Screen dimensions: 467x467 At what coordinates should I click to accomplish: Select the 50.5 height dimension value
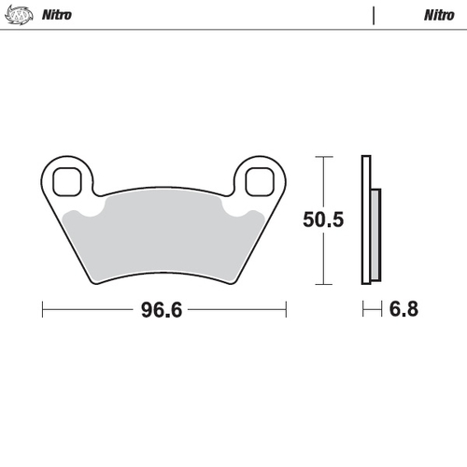(324, 220)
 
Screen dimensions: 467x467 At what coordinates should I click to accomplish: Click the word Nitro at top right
(439, 15)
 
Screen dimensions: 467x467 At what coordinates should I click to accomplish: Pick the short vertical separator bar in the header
(374, 15)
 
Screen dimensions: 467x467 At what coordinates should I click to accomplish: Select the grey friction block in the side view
(375, 233)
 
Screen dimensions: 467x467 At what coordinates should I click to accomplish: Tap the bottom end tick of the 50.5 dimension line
(323, 284)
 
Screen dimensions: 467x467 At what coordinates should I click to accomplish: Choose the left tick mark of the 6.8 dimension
(362, 310)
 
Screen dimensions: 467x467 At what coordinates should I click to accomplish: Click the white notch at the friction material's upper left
(91, 215)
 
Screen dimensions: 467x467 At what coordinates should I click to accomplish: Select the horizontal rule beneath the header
(233, 30)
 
